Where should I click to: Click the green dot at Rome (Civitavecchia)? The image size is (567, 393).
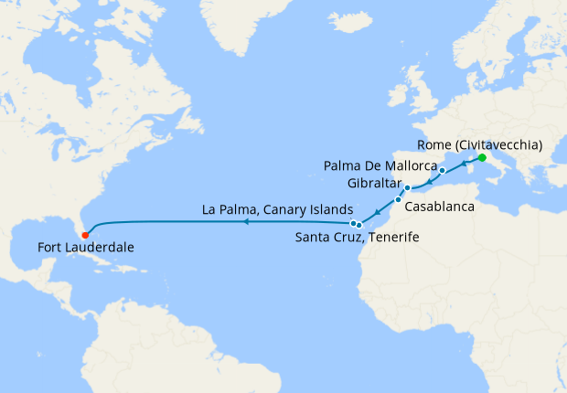tap(482, 157)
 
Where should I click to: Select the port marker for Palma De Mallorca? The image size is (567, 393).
tap(442, 171)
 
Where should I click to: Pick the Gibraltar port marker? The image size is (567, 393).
tap(408, 188)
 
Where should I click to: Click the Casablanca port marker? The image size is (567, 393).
tap(398, 200)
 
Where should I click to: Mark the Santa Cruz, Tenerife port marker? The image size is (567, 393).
tap(359, 224)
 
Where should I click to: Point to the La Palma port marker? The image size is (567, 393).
tap(352, 222)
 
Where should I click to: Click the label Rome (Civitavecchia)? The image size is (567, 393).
tap(479, 144)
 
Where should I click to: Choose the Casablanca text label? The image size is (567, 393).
tap(439, 207)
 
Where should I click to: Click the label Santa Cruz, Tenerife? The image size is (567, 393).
tap(357, 238)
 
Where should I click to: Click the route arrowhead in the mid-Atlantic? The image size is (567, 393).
tap(246, 221)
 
